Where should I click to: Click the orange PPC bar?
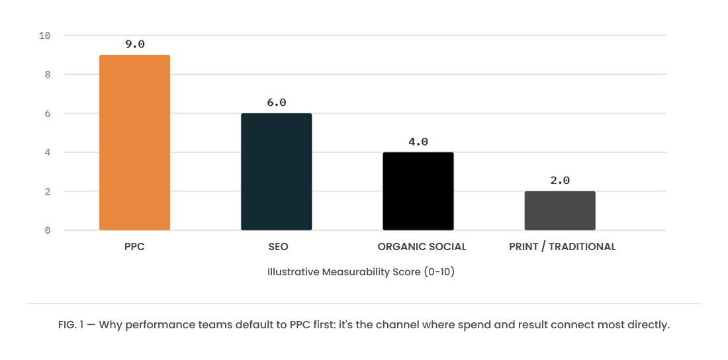pyautogui.click(x=134, y=142)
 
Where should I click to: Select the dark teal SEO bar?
pyautogui.click(x=276, y=172)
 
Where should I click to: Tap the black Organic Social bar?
pyautogui.click(x=418, y=191)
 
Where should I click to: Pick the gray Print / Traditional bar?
pyautogui.click(x=560, y=211)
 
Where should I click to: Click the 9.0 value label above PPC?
pyautogui.click(x=134, y=44)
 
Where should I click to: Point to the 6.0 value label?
pyautogui.click(x=276, y=103)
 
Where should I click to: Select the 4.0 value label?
pyautogui.click(x=418, y=142)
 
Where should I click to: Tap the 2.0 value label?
pyautogui.click(x=560, y=181)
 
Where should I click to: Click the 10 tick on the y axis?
pyautogui.click(x=44, y=35)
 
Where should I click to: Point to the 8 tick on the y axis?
pyautogui.click(x=48, y=74)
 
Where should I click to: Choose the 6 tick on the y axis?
pyautogui.click(x=48, y=113)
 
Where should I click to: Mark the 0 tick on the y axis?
pyautogui.click(x=48, y=230)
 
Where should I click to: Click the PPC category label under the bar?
pyautogui.click(x=134, y=247)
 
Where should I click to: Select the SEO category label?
pyautogui.click(x=278, y=247)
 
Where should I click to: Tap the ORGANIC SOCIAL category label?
pyautogui.click(x=422, y=247)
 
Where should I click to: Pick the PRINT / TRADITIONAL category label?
pyautogui.click(x=563, y=247)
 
